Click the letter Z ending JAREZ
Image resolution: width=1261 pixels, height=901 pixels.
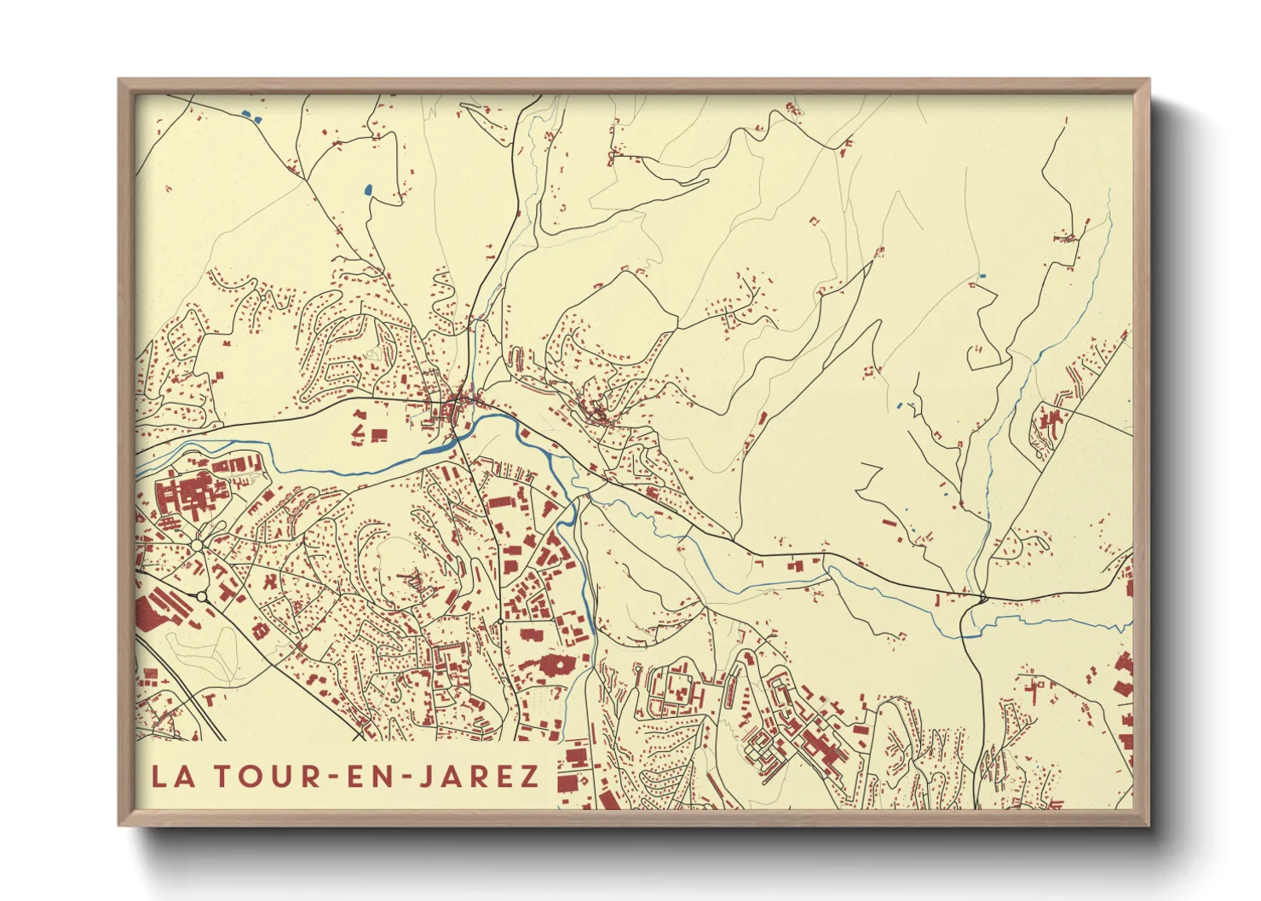pyautogui.click(x=529, y=777)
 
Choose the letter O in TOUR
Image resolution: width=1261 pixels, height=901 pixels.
pyautogui.click(x=245, y=777)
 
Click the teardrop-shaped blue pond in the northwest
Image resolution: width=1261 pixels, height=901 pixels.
pyautogui.click(x=368, y=190)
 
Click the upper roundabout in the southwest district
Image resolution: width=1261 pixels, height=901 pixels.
pyautogui.click(x=197, y=545)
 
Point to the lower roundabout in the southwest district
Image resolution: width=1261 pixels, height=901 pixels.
pyautogui.click(x=202, y=597)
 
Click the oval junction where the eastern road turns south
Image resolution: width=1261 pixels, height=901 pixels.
pyautogui.click(x=982, y=598)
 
